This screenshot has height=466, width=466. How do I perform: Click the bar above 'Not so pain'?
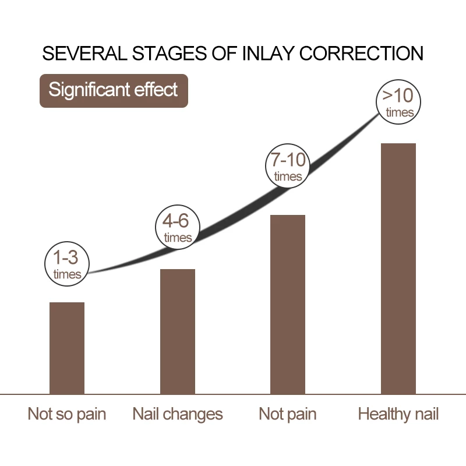tap(67, 348)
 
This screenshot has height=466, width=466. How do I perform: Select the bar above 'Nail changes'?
tap(178, 331)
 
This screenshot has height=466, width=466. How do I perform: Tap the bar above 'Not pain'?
tap(288, 304)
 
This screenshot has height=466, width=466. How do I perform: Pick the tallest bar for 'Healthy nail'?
tap(398, 269)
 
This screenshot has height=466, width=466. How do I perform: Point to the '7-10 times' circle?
tap(288, 167)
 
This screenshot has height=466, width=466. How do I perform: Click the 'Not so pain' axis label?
tap(67, 414)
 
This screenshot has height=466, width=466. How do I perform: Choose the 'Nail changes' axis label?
tap(178, 414)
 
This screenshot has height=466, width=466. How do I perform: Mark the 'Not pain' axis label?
tap(288, 414)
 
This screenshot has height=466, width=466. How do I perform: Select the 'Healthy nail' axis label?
tap(398, 414)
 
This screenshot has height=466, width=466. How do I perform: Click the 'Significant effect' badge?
tap(114, 91)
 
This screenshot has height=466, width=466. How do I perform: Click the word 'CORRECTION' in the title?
tap(358, 54)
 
